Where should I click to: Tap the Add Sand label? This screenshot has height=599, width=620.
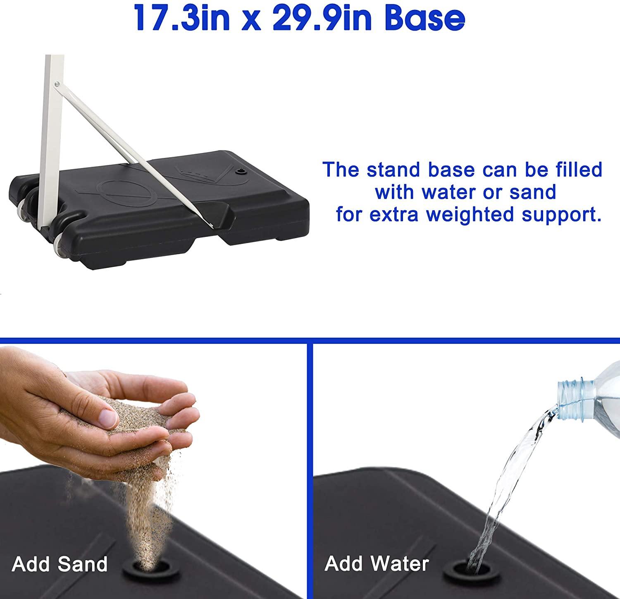(x=60, y=564)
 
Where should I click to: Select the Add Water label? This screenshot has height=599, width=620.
(x=377, y=564)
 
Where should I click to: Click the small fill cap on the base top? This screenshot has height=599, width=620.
(x=239, y=171)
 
